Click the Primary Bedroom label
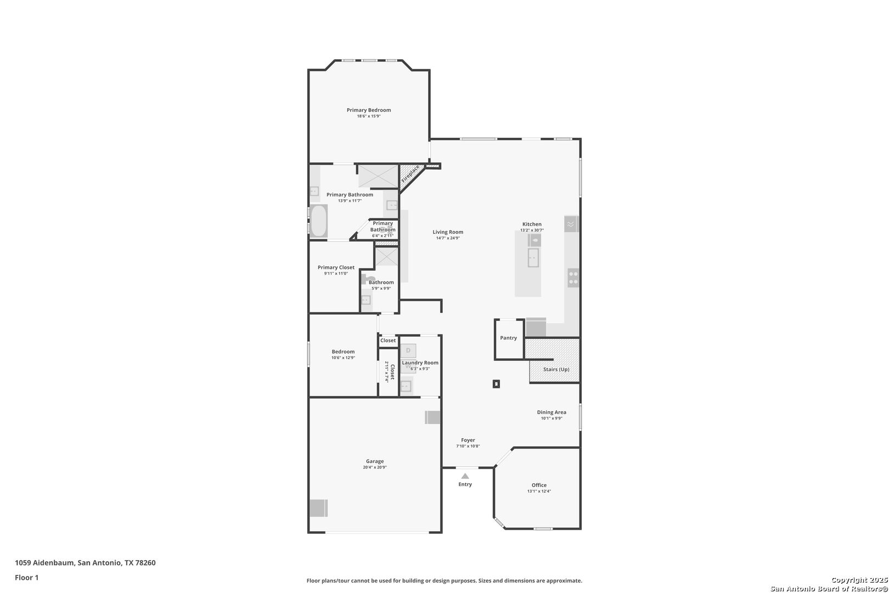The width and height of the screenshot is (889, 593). pyautogui.click(x=369, y=110)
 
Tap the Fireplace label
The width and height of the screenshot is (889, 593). pyautogui.click(x=410, y=174)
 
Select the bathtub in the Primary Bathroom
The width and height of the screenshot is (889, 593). pyautogui.click(x=319, y=221)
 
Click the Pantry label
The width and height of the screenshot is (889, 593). pyautogui.click(x=508, y=338)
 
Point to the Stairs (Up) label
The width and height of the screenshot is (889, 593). pyautogui.click(x=556, y=370)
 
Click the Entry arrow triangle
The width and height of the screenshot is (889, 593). pyautogui.click(x=465, y=476)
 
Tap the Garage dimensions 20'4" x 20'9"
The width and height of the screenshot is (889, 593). pyautogui.click(x=375, y=467)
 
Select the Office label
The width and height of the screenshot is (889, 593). pyautogui.click(x=539, y=485)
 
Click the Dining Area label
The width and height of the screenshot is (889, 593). pyautogui.click(x=552, y=412)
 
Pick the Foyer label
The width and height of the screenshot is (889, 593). pyautogui.click(x=468, y=440)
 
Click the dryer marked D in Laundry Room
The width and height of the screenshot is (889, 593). pyautogui.click(x=408, y=351)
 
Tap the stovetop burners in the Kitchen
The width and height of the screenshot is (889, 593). pyautogui.click(x=573, y=278)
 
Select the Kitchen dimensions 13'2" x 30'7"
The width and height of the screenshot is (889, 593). pyautogui.click(x=532, y=231)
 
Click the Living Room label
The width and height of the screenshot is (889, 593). pyautogui.click(x=448, y=232)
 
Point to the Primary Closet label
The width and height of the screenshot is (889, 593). pyautogui.click(x=336, y=267)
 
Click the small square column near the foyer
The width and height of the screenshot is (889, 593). pyautogui.click(x=496, y=384)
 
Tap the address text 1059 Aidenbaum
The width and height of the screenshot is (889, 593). pyautogui.click(x=44, y=562)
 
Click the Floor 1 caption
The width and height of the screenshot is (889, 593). pyautogui.click(x=26, y=578)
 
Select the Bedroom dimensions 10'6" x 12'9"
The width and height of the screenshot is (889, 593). pyautogui.click(x=344, y=358)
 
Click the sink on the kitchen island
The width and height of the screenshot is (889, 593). pyautogui.click(x=533, y=258)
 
